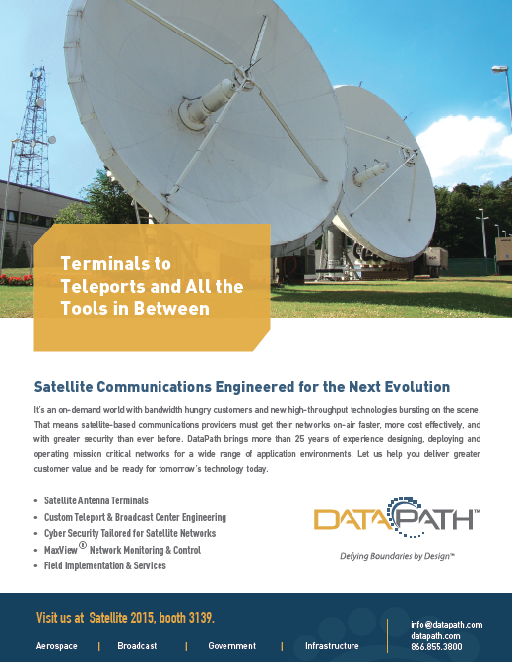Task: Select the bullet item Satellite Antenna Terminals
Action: [96, 500]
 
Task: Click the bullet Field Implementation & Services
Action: [105, 565]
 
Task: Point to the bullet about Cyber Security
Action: [130, 533]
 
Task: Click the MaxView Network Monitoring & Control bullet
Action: [122, 550]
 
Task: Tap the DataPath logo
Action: [397, 517]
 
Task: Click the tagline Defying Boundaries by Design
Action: [397, 556]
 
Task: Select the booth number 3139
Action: [201, 618]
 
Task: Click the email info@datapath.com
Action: [447, 625]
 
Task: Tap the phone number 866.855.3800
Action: [436, 647]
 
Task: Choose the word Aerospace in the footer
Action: [56, 646]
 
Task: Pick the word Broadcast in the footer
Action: [137, 646]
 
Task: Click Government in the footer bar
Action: [231, 646]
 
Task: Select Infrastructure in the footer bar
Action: [332, 646]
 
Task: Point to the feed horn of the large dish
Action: [209, 103]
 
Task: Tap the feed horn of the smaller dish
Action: [370, 172]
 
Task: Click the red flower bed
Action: [17, 280]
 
